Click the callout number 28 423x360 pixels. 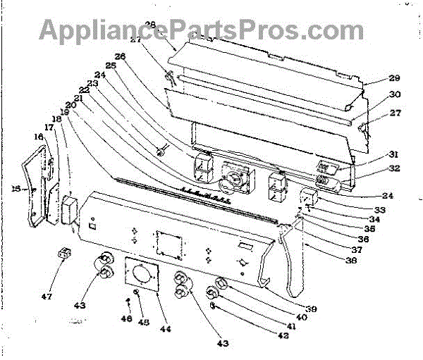tap(150, 25)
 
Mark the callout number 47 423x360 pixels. tap(46, 297)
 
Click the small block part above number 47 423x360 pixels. tap(62, 252)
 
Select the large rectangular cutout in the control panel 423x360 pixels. tap(169, 244)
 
